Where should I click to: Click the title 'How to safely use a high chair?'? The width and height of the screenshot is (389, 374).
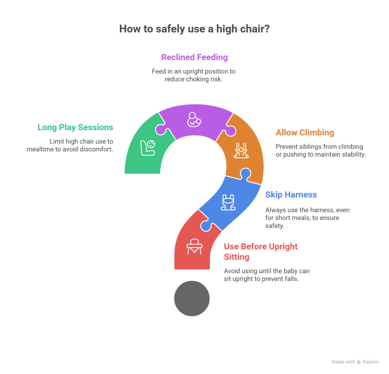(x=194, y=29)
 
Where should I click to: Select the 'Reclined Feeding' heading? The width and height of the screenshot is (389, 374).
(x=194, y=57)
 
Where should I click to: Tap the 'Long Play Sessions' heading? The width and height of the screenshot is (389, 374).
(x=75, y=127)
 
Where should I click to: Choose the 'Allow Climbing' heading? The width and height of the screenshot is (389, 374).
(x=305, y=133)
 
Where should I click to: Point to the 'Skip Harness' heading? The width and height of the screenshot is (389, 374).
(x=291, y=195)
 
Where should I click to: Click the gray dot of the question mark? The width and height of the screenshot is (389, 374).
(x=192, y=298)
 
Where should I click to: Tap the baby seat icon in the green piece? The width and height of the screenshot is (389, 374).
(x=148, y=147)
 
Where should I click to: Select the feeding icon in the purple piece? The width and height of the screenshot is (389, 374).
(x=194, y=119)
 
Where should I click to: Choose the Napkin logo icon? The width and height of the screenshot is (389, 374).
(x=359, y=362)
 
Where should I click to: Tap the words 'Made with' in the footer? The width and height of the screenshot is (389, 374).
(x=343, y=362)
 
